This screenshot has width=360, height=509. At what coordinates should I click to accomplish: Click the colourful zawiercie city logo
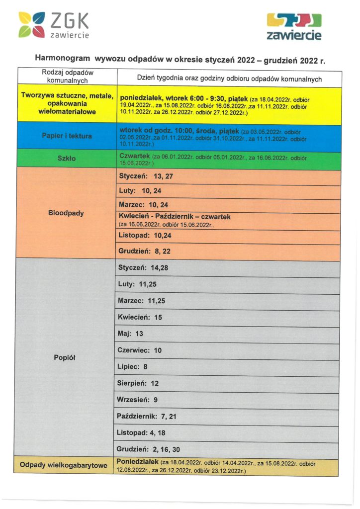pos(294,27)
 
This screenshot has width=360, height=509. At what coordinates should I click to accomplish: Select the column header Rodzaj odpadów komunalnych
pos(67,76)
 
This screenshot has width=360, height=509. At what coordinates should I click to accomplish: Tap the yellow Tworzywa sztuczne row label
pos(67,104)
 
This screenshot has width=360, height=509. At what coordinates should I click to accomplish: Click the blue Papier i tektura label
pos(67,136)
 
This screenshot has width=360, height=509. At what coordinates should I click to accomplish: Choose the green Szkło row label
pos(67,158)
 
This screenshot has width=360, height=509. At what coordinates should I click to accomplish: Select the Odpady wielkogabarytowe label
pos(63,465)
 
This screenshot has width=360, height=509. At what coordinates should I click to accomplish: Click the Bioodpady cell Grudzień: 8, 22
pos(145,251)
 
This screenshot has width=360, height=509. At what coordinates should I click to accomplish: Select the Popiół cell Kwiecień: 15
pos(140,317)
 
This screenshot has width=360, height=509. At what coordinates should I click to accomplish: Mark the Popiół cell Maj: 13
pos(130,334)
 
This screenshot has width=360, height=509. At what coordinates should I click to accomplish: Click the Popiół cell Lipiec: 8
pos(132,366)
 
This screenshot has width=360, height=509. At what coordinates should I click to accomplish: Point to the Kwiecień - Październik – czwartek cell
pos(175,217)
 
